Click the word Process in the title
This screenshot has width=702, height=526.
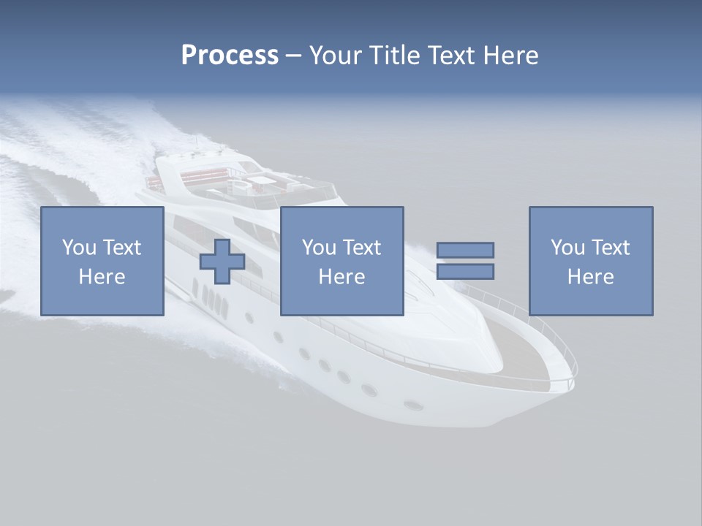click(230, 56)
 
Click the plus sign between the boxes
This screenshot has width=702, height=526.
click(222, 262)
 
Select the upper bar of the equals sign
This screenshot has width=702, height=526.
click(465, 250)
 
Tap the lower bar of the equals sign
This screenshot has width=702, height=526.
click(465, 272)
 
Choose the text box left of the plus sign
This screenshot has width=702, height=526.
click(102, 261)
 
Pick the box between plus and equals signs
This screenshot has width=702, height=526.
click(341, 261)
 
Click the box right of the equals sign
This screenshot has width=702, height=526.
click(591, 261)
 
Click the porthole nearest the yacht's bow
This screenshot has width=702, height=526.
click(413, 404)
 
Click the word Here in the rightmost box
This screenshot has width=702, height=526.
click(591, 277)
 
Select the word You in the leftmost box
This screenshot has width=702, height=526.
click(79, 248)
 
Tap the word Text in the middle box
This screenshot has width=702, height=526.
click(362, 248)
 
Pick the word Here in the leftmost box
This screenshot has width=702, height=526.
click(102, 277)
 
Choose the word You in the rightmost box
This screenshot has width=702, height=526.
click(567, 248)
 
